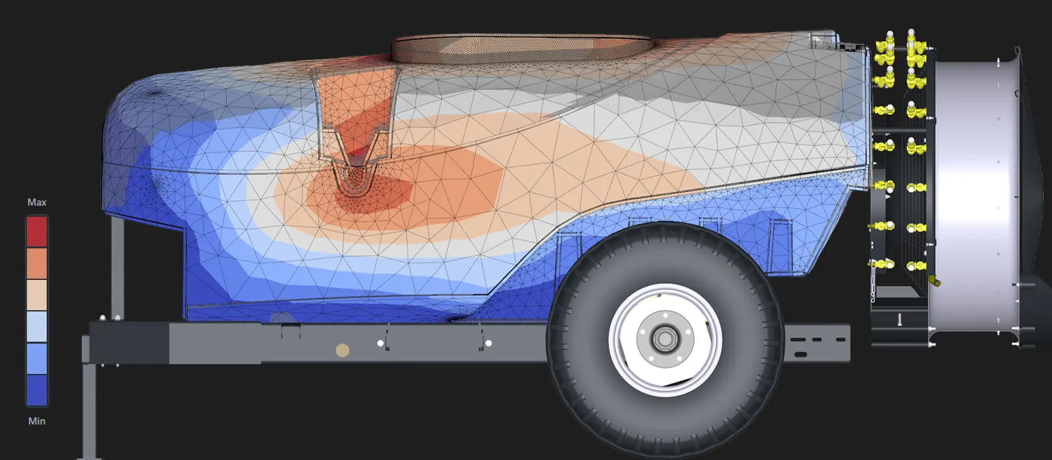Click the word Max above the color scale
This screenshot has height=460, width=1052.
pyautogui.click(x=37, y=202)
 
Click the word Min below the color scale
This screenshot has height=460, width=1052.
pyautogui.click(x=37, y=421)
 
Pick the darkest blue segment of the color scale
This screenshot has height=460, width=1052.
pyautogui.click(x=37, y=390)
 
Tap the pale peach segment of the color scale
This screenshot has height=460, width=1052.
pyautogui.click(x=37, y=295)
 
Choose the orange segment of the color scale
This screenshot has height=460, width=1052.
pyautogui.click(x=37, y=264)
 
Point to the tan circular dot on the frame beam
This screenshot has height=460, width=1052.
pyautogui.click(x=343, y=350)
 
